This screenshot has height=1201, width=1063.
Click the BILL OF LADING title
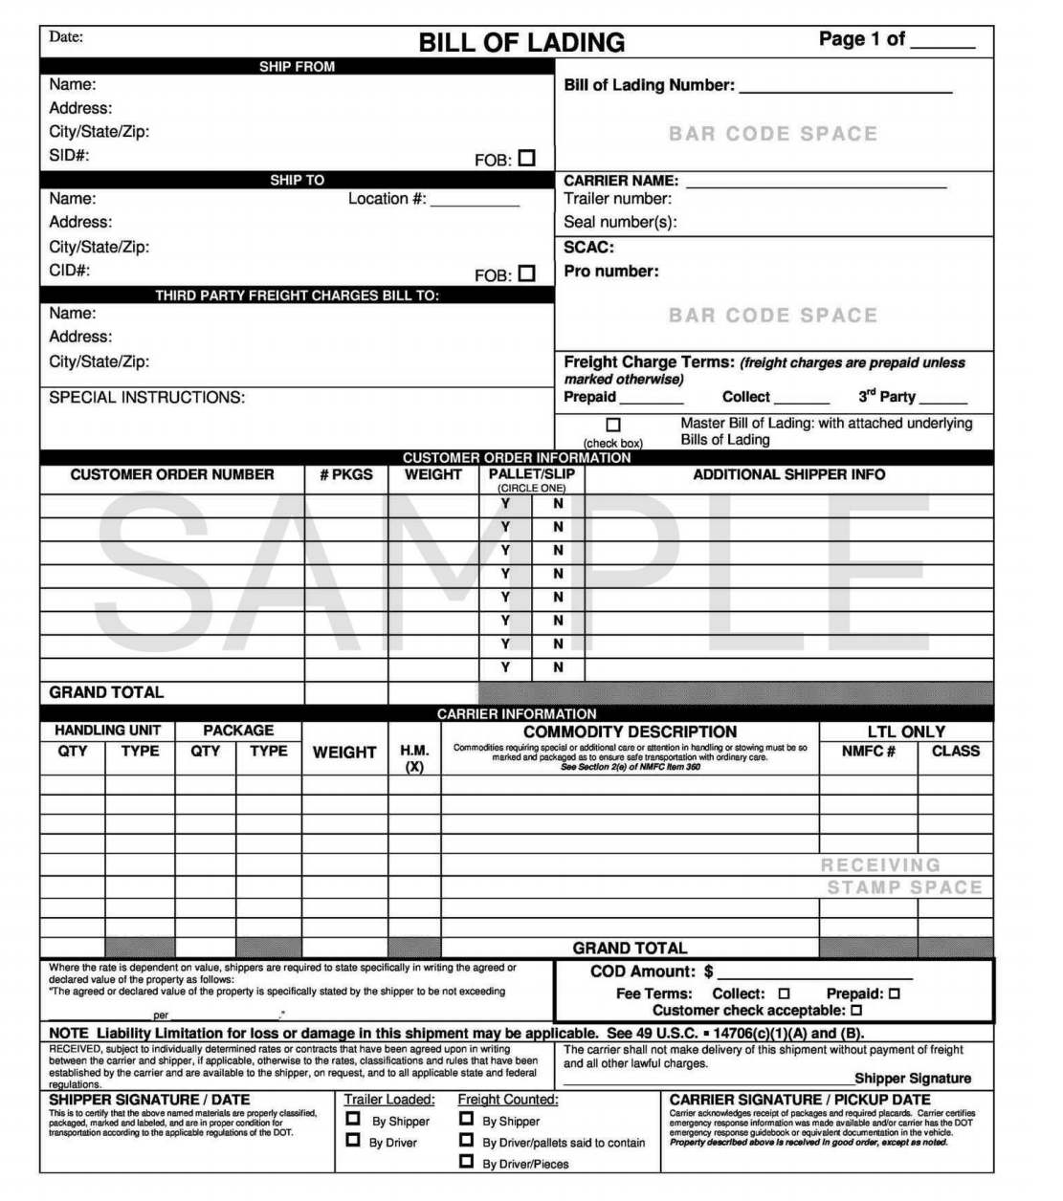pos(521,43)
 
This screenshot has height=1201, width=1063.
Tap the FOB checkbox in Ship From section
pos(526,158)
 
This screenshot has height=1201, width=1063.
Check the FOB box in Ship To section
pos(526,273)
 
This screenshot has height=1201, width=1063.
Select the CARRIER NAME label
pos(621,181)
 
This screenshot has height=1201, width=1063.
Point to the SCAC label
pos(588,248)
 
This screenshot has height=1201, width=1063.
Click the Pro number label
pos(611,272)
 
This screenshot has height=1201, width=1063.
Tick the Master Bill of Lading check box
pos(613,425)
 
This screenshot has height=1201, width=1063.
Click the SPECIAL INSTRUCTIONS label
pos(147,398)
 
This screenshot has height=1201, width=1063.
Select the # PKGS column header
pos(346,475)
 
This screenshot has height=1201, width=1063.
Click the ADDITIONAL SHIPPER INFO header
pos(788,475)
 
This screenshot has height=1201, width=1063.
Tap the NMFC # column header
pos(868,752)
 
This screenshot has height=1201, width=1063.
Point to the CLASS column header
pos(955,752)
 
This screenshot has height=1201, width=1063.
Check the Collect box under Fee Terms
pos(785,994)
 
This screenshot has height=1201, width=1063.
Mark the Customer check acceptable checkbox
pos(856,1010)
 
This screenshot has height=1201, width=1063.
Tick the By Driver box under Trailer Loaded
pos(353,1141)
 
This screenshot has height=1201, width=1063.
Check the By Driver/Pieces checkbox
pos(466,1162)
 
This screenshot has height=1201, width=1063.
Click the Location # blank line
pos(475,203)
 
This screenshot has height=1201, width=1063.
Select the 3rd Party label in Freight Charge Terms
pos(886,397)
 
